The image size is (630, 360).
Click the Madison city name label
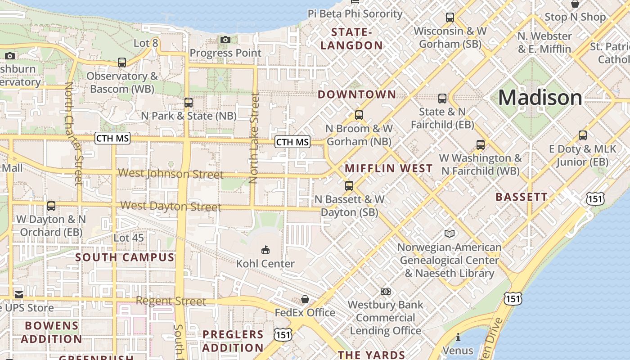click(540, 98)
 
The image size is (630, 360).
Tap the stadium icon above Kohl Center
click(265, 250)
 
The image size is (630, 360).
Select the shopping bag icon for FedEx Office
click(305, 299)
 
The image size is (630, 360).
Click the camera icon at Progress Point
click(225, 40)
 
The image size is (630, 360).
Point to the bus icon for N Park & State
click(189, 103)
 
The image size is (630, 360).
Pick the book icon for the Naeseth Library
click(450, 234)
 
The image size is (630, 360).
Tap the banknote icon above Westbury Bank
click(386, 292)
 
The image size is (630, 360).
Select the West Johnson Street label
click(171, 174)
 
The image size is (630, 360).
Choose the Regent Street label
click(171, 301)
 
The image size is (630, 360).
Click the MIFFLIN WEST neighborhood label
click(389, 169)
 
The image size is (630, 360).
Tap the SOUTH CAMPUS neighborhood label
click(125, 257)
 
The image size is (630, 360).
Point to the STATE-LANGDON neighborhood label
click(351, 39)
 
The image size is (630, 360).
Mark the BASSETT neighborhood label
click(522, 197)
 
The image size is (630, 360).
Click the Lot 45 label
click(129, 238)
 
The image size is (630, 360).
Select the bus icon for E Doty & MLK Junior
click(583, 135)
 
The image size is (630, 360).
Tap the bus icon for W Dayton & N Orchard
click(51, 206)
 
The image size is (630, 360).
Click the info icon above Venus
click(458, 337)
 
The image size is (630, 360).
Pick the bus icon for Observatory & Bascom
click(122, 63)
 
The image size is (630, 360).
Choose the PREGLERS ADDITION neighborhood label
click(233, 341)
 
